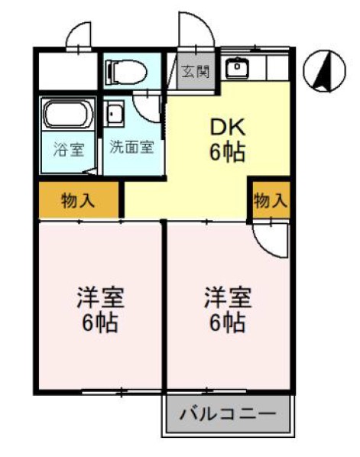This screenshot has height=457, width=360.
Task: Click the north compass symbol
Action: [x=321, y=72]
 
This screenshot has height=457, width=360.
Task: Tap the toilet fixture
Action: [x=127, y=72]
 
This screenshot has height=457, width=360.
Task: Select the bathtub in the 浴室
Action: [x=67, y=115]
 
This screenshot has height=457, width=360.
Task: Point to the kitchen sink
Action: [x=237, y=69]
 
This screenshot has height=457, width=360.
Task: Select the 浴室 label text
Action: [x=67, y=149]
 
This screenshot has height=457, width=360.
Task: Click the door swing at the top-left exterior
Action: [x=81, y=35]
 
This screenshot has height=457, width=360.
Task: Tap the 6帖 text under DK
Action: [x=227, y=153]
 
